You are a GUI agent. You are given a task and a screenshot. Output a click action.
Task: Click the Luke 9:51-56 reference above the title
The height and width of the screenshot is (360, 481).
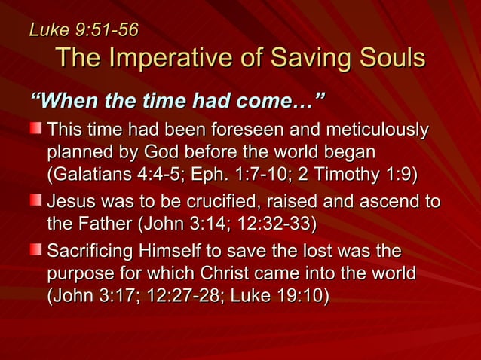83,30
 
